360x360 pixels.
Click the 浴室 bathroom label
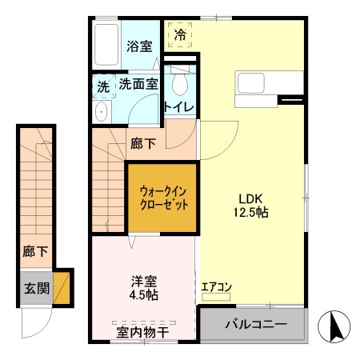[140, 46]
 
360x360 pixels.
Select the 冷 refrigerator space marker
[180, 35]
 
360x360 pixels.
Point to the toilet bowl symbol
[180, 83]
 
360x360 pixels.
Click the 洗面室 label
[138, 83]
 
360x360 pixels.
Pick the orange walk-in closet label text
[164, 198]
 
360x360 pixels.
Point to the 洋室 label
[145, 282]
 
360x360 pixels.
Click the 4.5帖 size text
[145, 296]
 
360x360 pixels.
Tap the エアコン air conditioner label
[216, 286]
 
